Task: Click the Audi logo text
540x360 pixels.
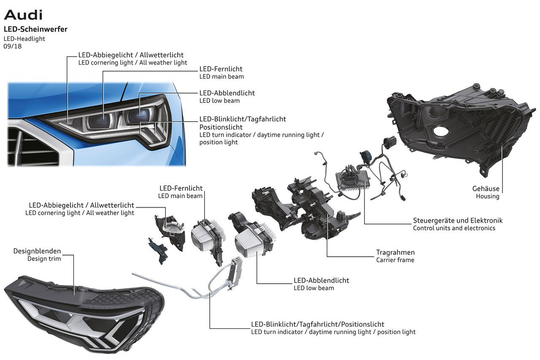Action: tap(23, 15)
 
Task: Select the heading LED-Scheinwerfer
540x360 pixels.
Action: tap(35, 29)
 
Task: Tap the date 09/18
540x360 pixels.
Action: tap(12, 46)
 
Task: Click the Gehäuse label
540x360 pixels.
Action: tap(486, 189)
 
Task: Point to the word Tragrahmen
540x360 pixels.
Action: tap(395, 252)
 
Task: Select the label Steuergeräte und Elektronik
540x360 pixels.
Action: tap(458, 220)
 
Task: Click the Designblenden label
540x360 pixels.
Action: tap(37, 251)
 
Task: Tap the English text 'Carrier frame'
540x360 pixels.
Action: tap(395, 260)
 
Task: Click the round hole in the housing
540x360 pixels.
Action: tap(440, 131)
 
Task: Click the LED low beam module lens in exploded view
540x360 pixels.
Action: tap(250, 245)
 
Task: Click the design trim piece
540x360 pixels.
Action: tap(84, 312)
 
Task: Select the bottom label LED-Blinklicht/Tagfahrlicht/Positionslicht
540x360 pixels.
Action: tap(318, 324)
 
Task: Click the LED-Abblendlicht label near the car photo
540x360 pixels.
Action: tap(227, 93)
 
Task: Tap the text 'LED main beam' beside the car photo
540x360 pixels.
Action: tap(221, 77)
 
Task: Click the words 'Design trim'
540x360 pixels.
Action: tap(44, 259)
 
